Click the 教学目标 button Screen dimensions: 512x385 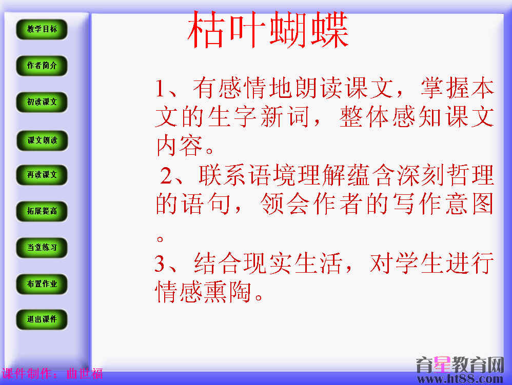point(42,29)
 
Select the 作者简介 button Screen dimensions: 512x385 point(42,66)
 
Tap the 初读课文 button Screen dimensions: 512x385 point(42,102)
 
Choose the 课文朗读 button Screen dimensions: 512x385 point(42,140)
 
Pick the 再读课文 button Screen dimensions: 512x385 point(42,175)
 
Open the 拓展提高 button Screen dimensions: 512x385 point(42,211)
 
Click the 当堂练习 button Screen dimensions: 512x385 point(42,248)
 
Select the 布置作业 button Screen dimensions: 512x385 point(42,284)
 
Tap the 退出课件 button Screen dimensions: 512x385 point(42,319)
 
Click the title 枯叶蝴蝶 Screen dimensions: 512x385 point(268,30)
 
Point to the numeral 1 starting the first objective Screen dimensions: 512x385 point(161,88)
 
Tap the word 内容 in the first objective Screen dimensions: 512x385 point(180,146)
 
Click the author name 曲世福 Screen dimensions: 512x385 point(85,374)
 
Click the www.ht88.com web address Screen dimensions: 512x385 point(460,379)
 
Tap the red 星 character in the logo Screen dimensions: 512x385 point(442,364)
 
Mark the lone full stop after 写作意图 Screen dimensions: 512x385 point(160,239)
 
